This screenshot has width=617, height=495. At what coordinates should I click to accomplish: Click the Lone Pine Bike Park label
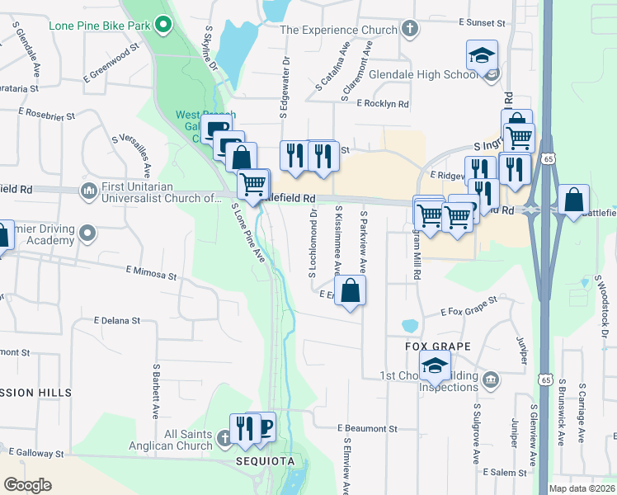(x=99, y=26)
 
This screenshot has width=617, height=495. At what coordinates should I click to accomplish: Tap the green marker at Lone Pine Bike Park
(x=163, y=25)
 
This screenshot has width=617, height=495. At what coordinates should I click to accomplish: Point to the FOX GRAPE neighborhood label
(x=437, y=346)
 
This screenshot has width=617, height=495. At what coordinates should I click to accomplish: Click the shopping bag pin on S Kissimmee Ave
(x=351, y=290)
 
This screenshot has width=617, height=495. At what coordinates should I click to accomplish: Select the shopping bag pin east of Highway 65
(x=574, y=200)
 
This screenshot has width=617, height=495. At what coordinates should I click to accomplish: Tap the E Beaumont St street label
(x=367, y=429)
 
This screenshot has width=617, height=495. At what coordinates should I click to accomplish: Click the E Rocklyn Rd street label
(x=383, y=104)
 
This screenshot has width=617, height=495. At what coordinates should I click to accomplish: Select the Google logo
(x=27, y=485)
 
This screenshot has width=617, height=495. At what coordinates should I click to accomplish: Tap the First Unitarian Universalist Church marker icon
(x=89, y=191)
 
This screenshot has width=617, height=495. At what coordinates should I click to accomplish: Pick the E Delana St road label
(x=117, y=320)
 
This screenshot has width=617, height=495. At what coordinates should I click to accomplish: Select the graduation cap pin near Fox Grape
(x=435, y=365)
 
